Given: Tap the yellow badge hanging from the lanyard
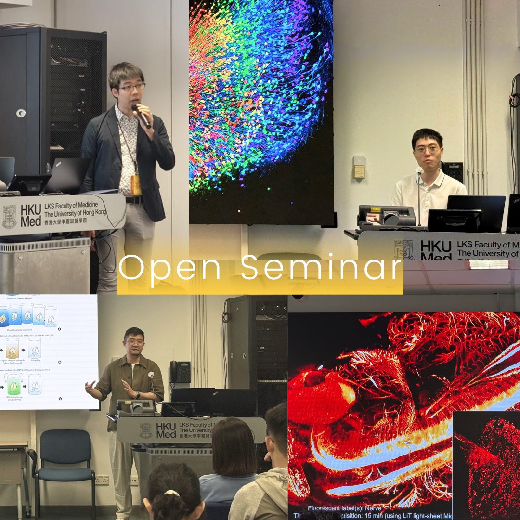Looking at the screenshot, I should (136, 185).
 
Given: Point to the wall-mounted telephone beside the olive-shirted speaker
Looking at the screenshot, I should (180, 372).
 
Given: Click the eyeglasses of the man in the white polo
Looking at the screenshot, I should (428, 149).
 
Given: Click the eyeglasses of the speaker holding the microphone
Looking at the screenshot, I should (131, 88).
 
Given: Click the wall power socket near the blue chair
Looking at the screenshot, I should (102, 480).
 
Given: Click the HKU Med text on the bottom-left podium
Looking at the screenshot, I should (166, 429).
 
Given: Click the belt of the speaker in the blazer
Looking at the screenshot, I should (134, 199).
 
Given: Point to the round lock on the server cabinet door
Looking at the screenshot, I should (20, 113).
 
